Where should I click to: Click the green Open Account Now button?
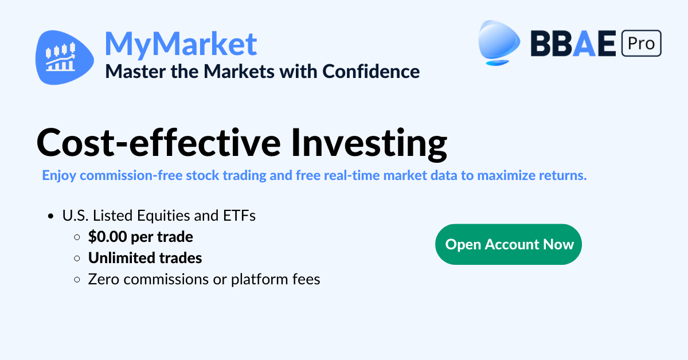point(509,244)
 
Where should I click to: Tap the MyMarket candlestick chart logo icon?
point(65,57)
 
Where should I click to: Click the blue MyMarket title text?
point(181,44)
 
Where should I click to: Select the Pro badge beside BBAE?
point(642,43)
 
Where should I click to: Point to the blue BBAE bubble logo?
point(499,42)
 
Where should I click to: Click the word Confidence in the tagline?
point(371,72)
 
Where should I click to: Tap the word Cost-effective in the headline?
point(158,143)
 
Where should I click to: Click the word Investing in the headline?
point(369,144)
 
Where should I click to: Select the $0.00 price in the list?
point(108,237)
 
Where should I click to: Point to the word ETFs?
point(239,216)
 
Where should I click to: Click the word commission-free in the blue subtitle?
point(131,175)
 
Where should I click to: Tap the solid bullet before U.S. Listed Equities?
point(51,216)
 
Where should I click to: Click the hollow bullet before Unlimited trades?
point(77,259)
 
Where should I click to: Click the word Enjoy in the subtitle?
point(59,176)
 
